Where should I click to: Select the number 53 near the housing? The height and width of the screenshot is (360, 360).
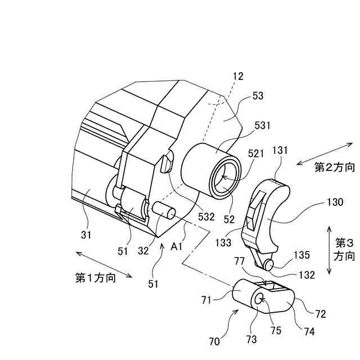click(258, 96)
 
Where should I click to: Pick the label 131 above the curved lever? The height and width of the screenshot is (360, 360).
click(280, 151)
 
